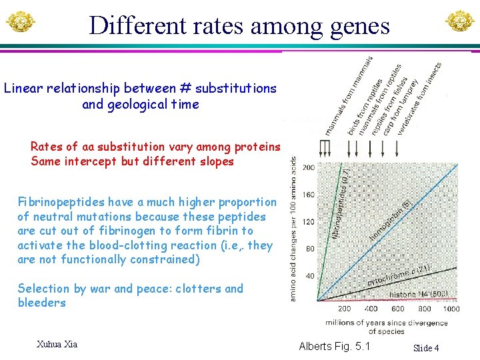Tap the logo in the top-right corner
tap(460, 21)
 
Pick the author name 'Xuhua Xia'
tap(57, 344)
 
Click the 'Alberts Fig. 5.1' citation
tap(334, 346)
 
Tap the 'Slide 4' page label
tap(426, 348)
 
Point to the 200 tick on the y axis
tap(309, 167)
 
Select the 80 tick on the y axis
tap(309, 249)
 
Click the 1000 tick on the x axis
tap(451, 309)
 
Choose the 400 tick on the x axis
tap(371, 309)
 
